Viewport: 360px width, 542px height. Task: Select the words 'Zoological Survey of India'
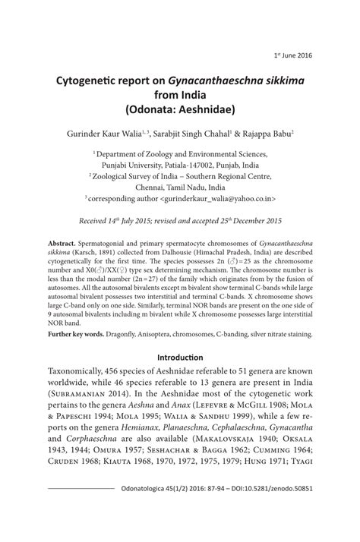139,175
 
